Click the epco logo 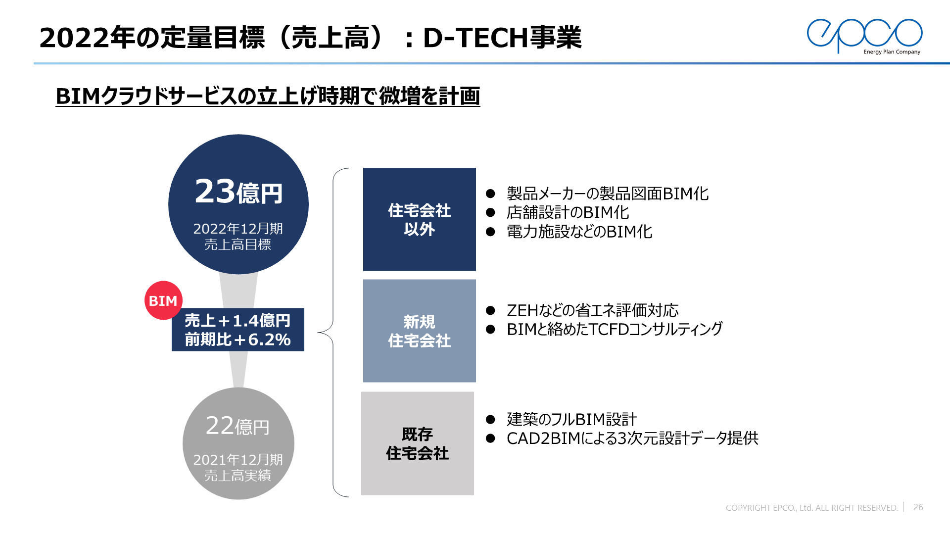point(864,36)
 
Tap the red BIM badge point(163,300)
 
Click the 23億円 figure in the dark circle point(238,192)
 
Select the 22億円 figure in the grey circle point(238,426)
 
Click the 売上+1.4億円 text point(237,321)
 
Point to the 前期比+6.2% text point(237,340)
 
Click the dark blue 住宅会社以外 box point(420,219)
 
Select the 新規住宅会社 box point(420,331)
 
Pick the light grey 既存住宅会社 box point(418,443)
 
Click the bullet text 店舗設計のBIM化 point(568,212)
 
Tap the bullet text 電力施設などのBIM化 point(579,232)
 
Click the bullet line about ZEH point(592,310)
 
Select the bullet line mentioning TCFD point(615,329)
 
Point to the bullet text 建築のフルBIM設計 point(571,419)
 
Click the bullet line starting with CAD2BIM point(632,438)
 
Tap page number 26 point(918,507)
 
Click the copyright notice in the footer point(811,508)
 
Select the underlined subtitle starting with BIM point(268,96)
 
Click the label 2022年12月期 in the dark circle point(238,229)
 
